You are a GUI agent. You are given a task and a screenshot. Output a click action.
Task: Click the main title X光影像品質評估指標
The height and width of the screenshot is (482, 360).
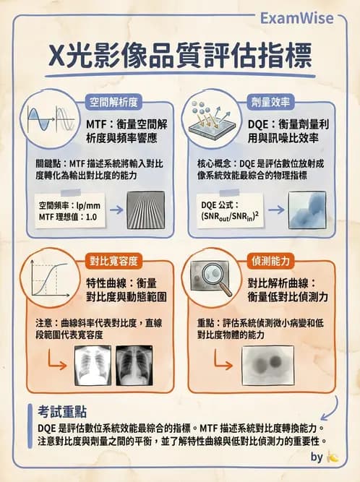click(179, 54)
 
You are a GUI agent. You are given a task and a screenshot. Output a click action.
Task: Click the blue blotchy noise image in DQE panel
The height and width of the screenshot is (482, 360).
click(307, 211)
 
